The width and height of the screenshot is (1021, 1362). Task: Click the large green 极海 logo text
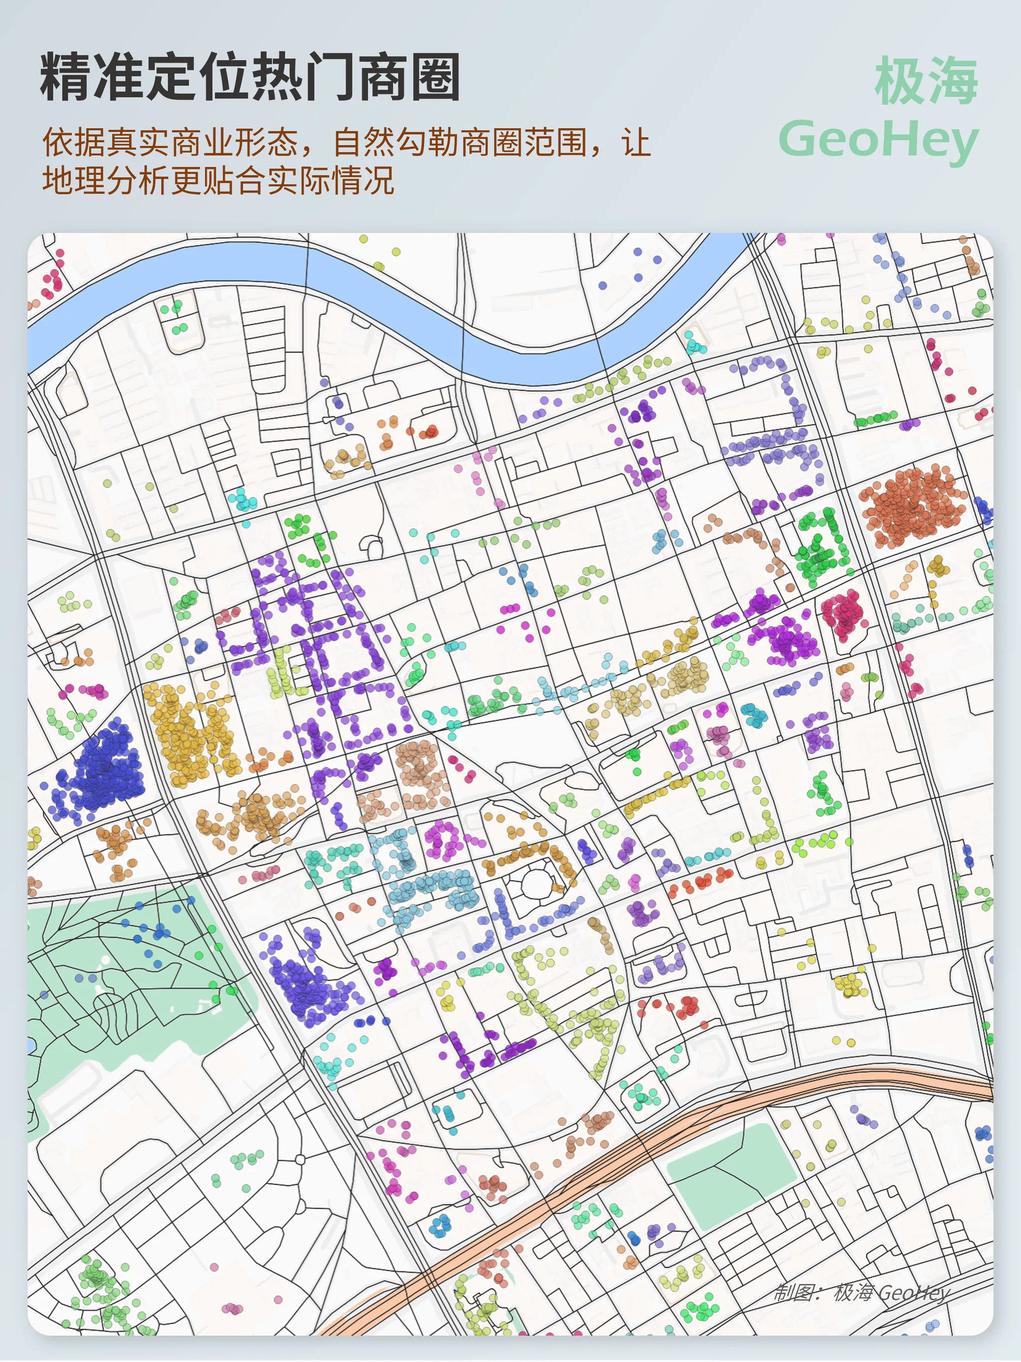pyautogui.click(x=926, y=80)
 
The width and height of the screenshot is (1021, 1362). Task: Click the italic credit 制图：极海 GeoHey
pyautogui.click(x=862, y=1292)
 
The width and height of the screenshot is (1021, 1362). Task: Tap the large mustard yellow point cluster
pyautogui.click(x=188, y=733)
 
